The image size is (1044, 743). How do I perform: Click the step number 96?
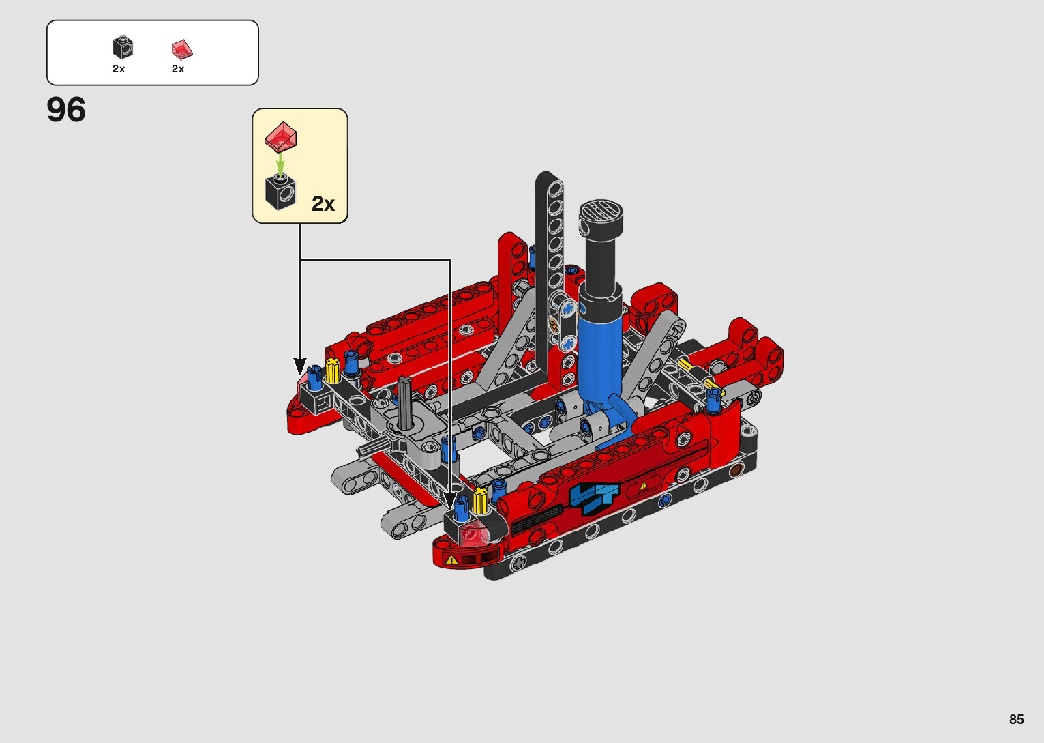[x=66, y=110]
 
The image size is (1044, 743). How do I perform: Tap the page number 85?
[x=1016, y=718]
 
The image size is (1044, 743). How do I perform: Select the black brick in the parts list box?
[x=123, y=47]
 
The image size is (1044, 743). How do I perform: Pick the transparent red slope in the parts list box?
[x=182, y=49]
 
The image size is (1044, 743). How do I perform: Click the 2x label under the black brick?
[x=119, y=69]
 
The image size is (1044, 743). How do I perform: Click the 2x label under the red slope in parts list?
[x=177, y=69]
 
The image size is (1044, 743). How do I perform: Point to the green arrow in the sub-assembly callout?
[x=280, y=164]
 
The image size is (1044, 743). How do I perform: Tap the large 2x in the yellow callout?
[x=323, y=204]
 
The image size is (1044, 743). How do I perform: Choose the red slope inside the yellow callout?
[x=281, y=137]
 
